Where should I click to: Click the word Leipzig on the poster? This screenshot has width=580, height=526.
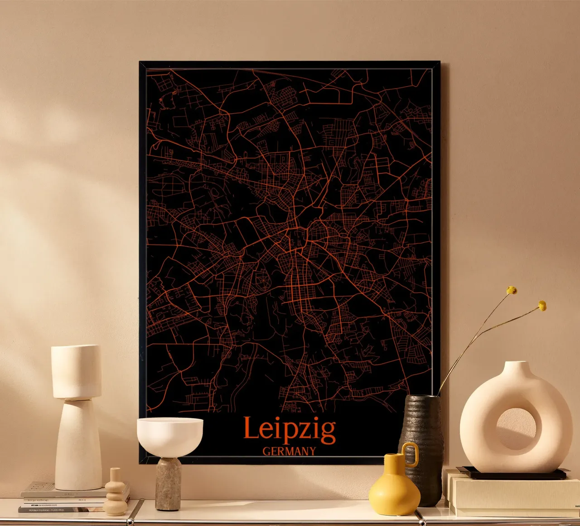[289, 429]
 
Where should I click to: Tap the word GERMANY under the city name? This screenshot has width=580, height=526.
[289, 451]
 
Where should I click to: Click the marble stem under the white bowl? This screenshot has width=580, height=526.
[168, 483]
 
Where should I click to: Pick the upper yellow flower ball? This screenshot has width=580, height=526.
[512, 290]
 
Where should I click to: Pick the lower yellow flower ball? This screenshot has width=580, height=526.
[542, 306]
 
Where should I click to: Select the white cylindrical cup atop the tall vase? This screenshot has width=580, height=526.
[76, 371]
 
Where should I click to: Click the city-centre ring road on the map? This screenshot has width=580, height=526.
[297, 238]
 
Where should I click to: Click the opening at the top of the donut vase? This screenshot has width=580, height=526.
[516, 364]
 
